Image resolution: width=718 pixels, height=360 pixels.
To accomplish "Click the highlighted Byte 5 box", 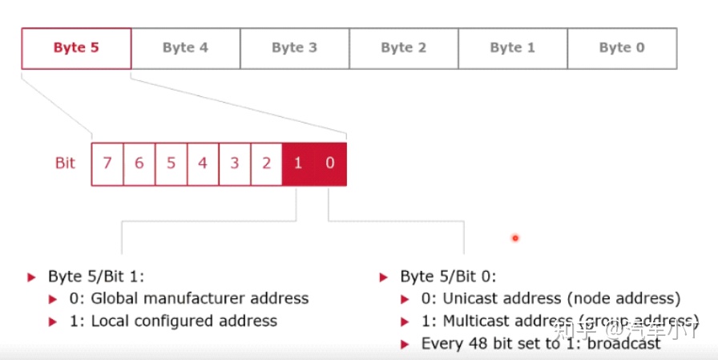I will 76,48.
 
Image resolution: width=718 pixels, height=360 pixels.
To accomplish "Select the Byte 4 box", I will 185,48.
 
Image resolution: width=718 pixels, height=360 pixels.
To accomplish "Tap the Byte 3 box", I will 294,48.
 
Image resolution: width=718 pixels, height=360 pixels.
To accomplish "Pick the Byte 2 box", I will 403,48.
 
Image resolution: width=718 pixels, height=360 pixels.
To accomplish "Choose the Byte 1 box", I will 512,48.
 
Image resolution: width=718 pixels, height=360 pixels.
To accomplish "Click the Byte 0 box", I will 622,48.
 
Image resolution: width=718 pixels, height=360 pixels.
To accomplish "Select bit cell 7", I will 107,164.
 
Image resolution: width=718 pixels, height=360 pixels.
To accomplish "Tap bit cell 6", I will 139,164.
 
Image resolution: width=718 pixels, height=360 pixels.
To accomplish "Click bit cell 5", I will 171,164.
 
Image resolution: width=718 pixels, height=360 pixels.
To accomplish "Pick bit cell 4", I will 203,164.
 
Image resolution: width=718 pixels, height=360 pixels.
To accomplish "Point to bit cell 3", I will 235,164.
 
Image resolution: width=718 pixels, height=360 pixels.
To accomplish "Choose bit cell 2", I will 266,164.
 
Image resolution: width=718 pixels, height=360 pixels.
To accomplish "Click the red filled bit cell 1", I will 298,164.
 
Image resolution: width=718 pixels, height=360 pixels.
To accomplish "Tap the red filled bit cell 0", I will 330,164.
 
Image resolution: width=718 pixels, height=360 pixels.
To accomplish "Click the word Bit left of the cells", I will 65,164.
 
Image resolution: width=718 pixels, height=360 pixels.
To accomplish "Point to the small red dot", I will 515,237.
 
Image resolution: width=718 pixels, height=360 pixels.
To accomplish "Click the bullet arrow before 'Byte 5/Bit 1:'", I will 32,277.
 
